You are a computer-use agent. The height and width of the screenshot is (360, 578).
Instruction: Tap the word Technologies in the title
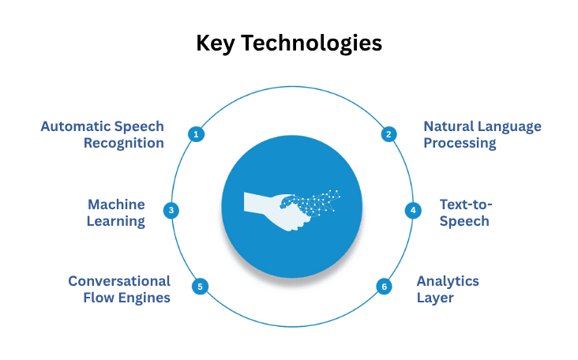tap(313, 43)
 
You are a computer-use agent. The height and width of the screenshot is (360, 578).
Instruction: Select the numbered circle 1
tap(196, 134)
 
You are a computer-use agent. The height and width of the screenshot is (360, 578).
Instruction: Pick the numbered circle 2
tap(388, 134)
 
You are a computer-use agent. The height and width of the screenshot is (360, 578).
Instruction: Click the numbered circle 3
tap(171, 211)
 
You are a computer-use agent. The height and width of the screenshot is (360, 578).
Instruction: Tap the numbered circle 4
tap(412, 211)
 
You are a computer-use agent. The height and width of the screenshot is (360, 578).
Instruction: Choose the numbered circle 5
tap(201, 287)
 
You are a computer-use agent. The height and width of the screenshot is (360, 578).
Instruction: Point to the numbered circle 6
tap(385, 287)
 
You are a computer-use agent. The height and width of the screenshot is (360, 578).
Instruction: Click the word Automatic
tap(75, 126)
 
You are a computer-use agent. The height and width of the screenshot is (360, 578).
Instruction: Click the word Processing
tap(460, 143)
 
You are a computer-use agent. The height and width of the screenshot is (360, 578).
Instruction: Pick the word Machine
tap(116, 204)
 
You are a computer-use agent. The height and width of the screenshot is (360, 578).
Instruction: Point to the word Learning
tap(116, 221)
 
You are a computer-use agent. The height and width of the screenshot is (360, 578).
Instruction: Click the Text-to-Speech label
tap(464, 212)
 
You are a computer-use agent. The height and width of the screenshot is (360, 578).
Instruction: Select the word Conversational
tap(119, 281)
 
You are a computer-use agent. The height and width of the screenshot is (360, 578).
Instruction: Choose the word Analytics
tap(448, 281)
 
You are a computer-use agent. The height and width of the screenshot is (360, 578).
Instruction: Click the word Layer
tap(435, 298)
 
